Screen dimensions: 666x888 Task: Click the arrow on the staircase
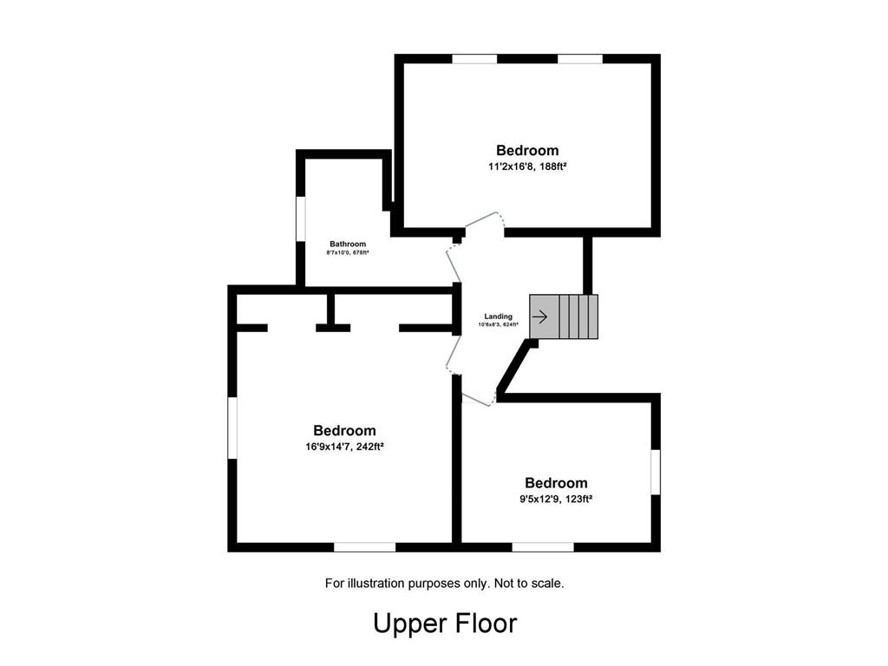539,317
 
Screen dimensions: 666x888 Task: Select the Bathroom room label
347,244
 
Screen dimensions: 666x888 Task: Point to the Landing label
498,317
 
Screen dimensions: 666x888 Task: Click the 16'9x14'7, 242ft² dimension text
344,447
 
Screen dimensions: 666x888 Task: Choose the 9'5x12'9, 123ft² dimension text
556,499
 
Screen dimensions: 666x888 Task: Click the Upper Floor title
444,623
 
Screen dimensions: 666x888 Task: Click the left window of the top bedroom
474,59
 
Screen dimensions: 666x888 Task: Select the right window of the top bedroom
579,59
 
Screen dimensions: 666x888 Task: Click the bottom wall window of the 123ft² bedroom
542,546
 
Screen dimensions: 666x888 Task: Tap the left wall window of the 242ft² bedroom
232,426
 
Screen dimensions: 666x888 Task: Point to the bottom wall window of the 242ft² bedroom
364,546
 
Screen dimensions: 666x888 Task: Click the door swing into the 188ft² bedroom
485,222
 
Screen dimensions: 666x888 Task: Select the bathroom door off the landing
453,264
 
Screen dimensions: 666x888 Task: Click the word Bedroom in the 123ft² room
556,483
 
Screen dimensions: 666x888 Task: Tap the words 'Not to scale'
529,584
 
